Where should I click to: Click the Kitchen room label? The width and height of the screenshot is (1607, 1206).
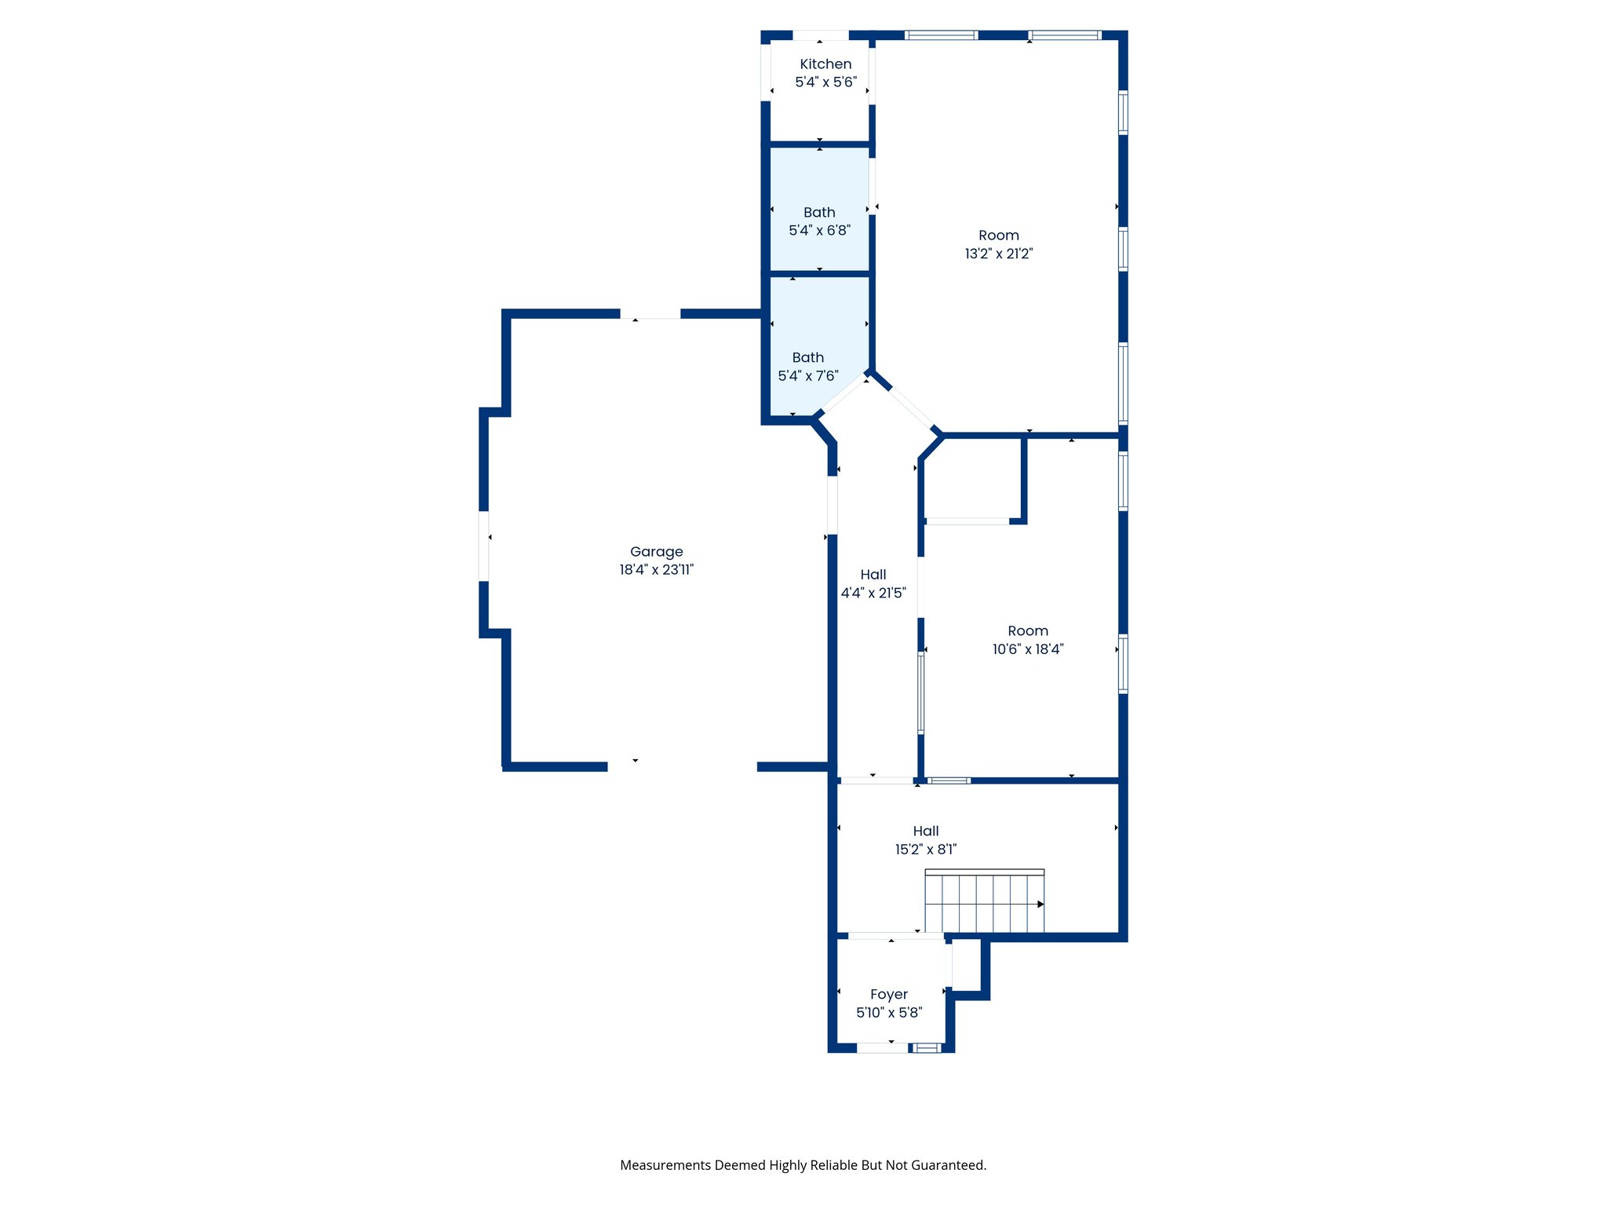click(825, 64)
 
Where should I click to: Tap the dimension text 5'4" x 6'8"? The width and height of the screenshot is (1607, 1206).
click(819, 230)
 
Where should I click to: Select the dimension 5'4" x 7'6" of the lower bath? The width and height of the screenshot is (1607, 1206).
click(807, 375)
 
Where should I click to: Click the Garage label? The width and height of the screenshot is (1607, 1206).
click(656, 551)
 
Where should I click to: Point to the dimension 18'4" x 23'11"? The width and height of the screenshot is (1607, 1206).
click(656, 569)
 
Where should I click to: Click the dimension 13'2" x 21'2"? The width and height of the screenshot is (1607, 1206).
click(998, 253)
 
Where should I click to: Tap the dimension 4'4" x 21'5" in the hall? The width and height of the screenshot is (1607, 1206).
click(873, 593)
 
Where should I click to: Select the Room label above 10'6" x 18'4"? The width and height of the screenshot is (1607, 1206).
click(1027, 630)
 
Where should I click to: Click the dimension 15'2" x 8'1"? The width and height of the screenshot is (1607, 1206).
click(925, 849)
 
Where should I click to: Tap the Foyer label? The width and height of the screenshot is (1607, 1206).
click(888, 994)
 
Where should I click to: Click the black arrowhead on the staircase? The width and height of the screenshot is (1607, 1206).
click(1040, 904)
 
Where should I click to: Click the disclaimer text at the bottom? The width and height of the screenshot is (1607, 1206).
click(803, 1165)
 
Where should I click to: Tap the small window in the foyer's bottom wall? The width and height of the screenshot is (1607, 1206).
click(927, 1047)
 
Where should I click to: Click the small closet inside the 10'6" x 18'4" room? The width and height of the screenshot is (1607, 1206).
click(973, 479)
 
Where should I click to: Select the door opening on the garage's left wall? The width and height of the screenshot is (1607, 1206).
click(484, 546)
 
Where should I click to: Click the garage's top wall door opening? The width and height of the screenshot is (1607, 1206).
click(650, 314)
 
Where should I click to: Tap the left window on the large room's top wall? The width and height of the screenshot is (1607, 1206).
click(941, 35)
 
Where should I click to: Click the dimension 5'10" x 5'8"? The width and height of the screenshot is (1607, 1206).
click(888, 1012)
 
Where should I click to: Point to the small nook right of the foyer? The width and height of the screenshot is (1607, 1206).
click(966, 966)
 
